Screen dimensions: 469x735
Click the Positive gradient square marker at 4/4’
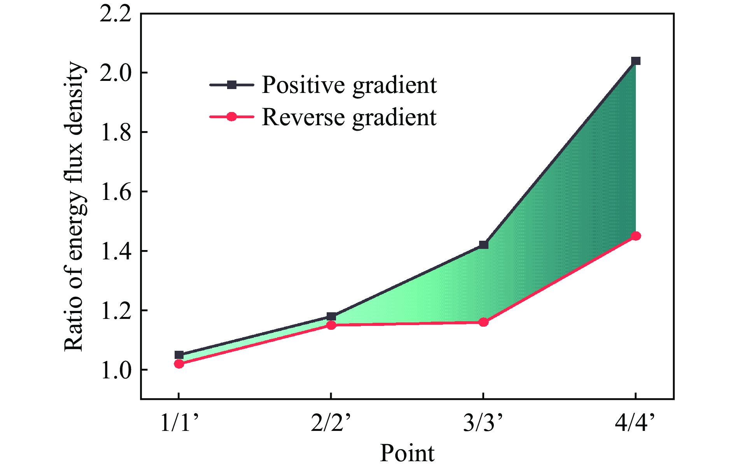[x=635, y=61]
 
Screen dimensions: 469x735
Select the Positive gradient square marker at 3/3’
[x=483, y=245]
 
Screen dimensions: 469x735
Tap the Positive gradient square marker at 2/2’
[x=331, y=316]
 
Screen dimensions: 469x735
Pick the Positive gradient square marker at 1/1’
[x=179, y=355]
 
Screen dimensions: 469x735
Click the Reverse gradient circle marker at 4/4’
[x=635, y=236]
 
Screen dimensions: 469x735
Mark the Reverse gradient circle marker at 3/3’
[x=483, y=322]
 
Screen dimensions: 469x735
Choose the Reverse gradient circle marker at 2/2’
[x=331, y=325]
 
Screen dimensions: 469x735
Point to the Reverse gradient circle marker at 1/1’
[x=179, y=364]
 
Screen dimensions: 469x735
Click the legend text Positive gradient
[x=349, y=85]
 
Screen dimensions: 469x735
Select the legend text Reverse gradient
[x=349, y=117]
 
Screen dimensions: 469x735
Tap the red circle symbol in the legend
[x=231, y=117]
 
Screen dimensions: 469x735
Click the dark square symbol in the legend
[x=231, y=85]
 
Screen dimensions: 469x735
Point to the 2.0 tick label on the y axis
[x=115, y=73]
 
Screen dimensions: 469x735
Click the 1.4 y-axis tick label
[x=115, y=251]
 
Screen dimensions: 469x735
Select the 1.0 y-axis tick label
[x=115, y=370]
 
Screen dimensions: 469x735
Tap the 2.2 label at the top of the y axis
[x=115, y=14]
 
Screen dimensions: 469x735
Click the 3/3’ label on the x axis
[x=483, y=423]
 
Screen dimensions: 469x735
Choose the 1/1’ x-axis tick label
[x=180, y=423]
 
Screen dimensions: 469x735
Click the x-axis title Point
[x=407, y=453]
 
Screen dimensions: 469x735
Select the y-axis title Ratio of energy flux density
[x=74, y=206]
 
